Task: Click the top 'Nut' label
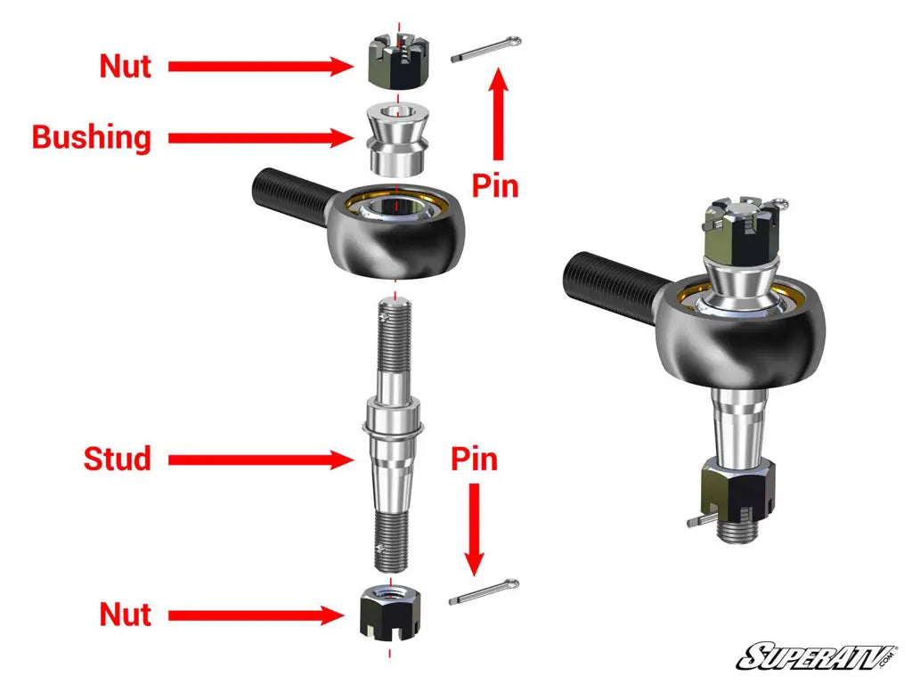(125, 66)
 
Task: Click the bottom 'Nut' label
(125, 615)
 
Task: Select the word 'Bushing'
(92, 138)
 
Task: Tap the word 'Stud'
(118, 460)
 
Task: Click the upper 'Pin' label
(495, 186)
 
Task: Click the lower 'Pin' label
(474, 460)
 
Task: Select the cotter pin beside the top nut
(486, 49)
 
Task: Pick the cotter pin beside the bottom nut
(484, 592)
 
